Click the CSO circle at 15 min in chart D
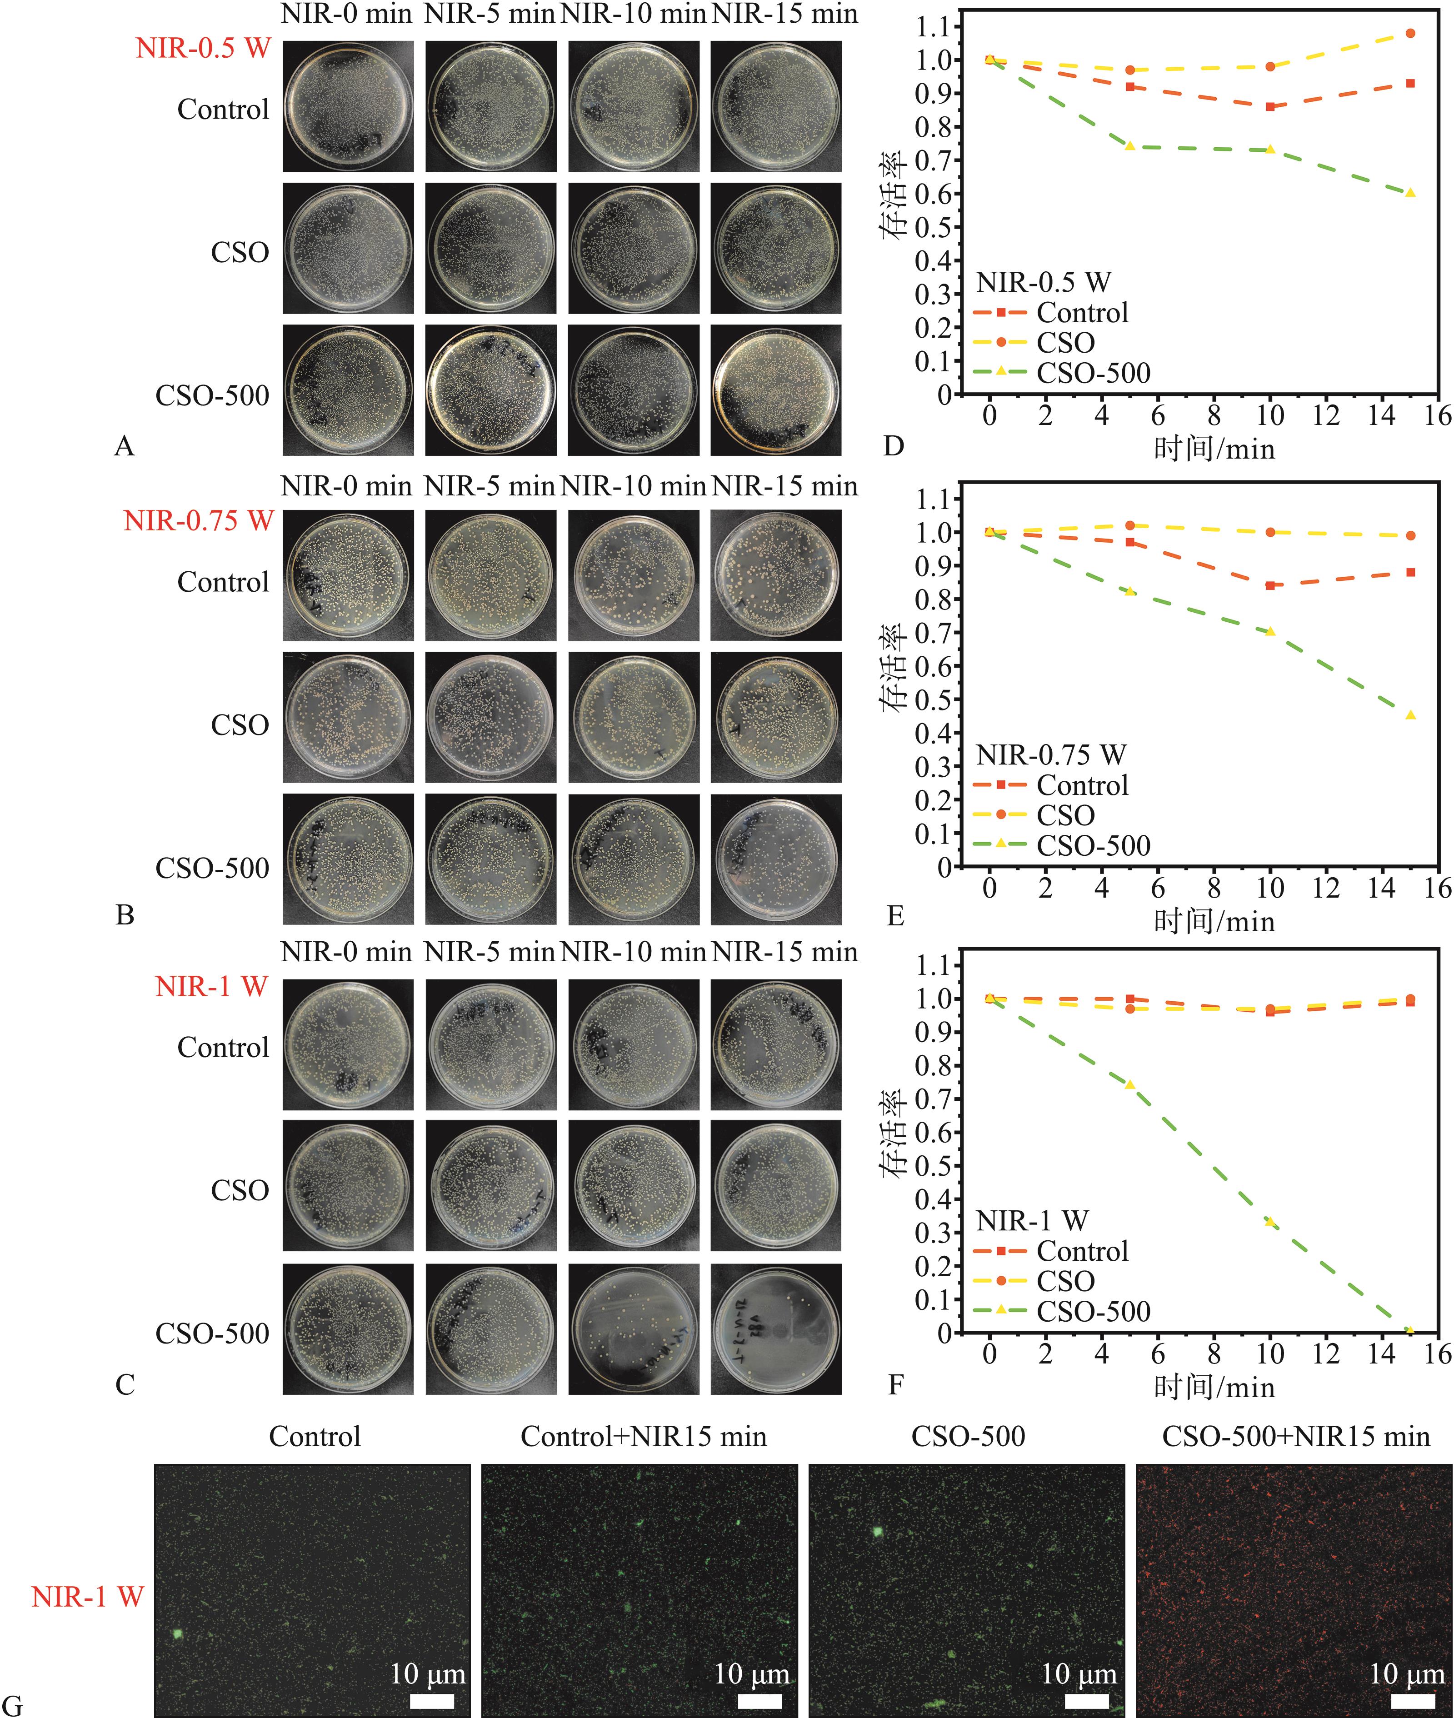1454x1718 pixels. coord(1410,34)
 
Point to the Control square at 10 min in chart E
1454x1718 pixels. coord(1270,585)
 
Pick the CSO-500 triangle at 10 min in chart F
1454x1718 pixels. coord(1270,1222)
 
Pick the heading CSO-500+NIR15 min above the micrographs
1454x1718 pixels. coord(1296,1437)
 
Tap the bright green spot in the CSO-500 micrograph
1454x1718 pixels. coord(878,1532)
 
